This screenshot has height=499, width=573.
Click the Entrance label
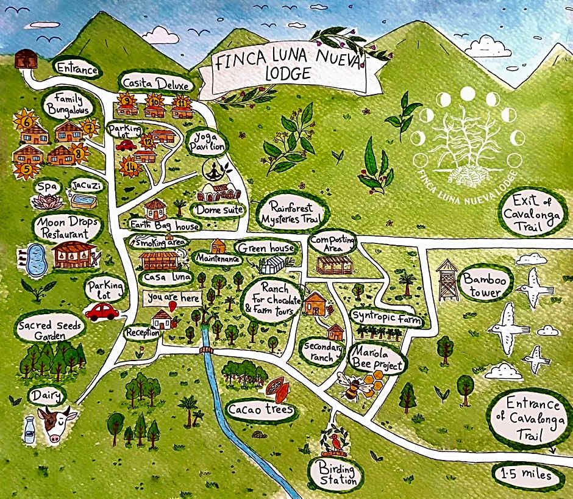[x=77, y=68]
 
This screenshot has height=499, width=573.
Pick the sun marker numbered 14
[x=130, y=165]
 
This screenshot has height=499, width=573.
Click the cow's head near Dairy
[x=57, y=423]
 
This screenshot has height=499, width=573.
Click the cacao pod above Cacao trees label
[x=276, y=386]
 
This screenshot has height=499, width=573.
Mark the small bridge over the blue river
[x=206, y=350]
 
